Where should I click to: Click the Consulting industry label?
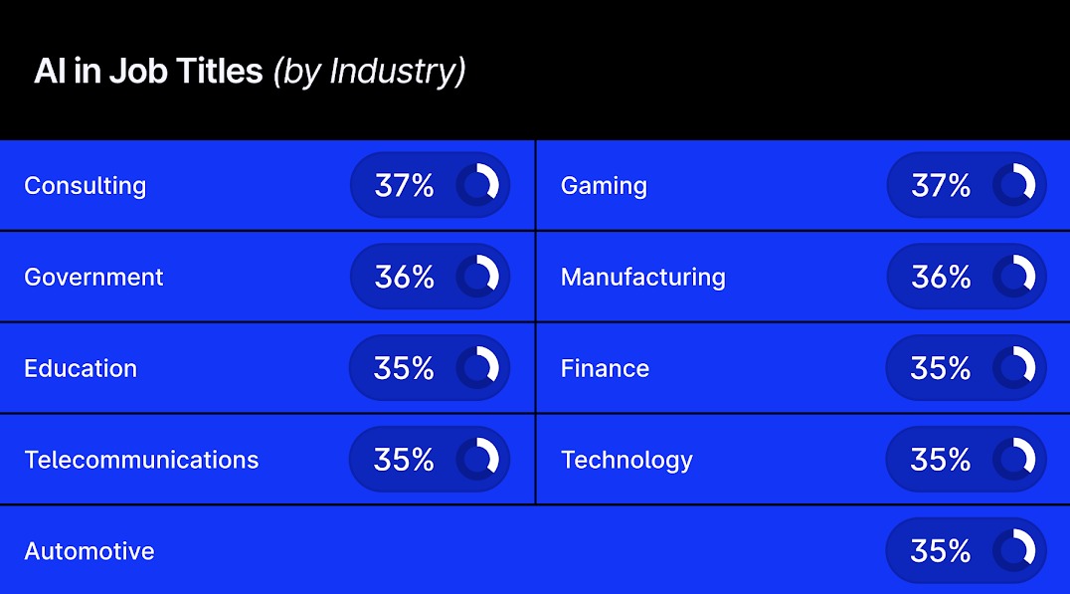[x=85, y=186]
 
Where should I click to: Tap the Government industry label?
[x=93, y=277]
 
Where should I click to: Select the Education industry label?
[x=81, y=368]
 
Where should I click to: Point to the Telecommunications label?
[x=141, y=460]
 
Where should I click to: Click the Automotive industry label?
[x=89, y=551]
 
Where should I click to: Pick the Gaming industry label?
[x=604, y=186]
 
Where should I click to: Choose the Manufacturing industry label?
[x=643, y=277]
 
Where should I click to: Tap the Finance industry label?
[x=605, y=368]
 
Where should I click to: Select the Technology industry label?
[x=626, y=460]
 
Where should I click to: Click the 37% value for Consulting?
[x=404, y=185]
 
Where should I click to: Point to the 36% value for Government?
[x=404, y=277]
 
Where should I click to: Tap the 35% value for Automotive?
[x=940, y=550]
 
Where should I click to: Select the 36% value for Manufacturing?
[x=940, y=277]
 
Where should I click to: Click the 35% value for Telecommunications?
[x=404, y=459]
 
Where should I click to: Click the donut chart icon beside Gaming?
[x=1014, y=185]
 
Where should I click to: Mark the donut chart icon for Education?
[x=478, y=367]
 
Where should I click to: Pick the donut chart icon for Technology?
[x=1014, y=459]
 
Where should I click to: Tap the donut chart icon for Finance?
[x=1014, y=367]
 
